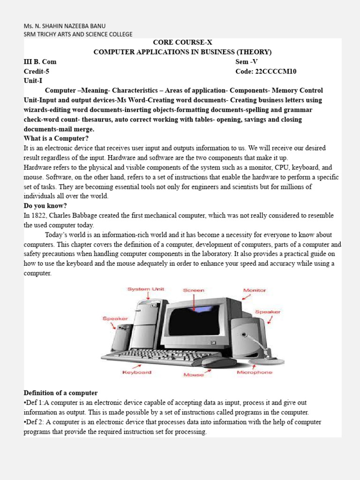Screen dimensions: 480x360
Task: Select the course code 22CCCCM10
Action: pyautogui.click(x=266, y=71)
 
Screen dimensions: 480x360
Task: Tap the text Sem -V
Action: pyautogui.click(x=247, y=61)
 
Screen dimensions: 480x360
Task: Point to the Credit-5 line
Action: pyautogui.click(x=37, y=71)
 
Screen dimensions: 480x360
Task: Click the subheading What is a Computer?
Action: pyautogui.click(x=56, y=138)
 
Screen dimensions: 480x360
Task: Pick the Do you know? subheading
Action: pyautogui.click(x=46, y=206)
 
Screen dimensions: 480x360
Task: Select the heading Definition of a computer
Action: pyautogui.click(x=60, y=393)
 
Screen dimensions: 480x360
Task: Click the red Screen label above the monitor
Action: pyautogui.click(x=194, y=290)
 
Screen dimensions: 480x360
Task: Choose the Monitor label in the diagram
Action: pyautogui.click(x=254, y=290)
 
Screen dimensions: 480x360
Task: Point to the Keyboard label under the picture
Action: pyautogui.click(x=137, y=372)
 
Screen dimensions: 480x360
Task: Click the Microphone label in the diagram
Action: pyautogui.click(x=255, y=372)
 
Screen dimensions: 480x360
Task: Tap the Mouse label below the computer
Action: pyautogui.click(x=194, y=375)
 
